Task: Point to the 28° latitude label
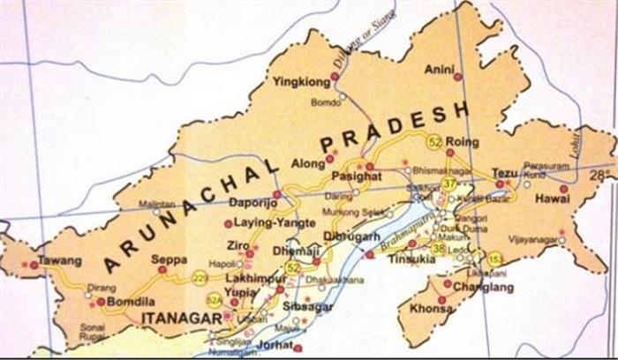click(x=604, y=174)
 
